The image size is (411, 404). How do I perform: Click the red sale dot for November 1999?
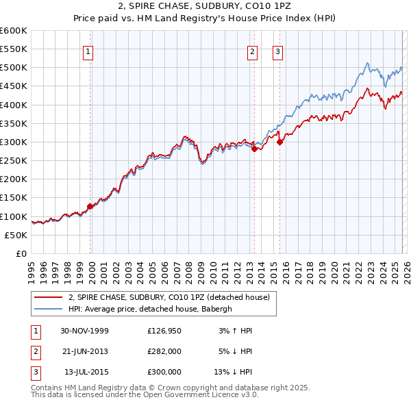pyautogui.click(x=90, y=206)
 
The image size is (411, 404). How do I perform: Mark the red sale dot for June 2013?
pyautogui.click(x=254, y=149)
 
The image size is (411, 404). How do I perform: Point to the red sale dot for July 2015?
pyautogui.click(x=279, y=142)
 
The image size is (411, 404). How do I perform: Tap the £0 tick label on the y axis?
pyautogui.click(x=21, y=253)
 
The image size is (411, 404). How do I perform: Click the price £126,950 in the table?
pyautogui.click(x=164, y=331)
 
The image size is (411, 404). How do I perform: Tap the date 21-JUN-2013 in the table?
pyautogui.click(x=84, y=351)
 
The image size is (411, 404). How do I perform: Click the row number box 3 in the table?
pyautogui.click(x=35, y=372)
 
